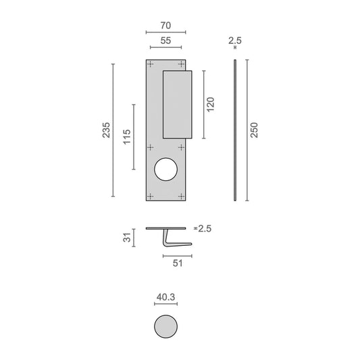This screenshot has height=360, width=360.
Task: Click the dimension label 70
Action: coord(165,26)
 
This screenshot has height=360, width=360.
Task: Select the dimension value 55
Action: coord(165,41)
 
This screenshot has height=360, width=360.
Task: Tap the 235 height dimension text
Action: coord(106,130)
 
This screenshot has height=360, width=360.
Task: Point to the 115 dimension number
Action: coord(127,137)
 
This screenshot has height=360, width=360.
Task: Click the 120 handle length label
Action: coord(211,105)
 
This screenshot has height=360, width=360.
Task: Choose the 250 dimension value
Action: coord(254,130)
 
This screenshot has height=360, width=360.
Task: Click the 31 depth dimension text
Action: coord(127,237)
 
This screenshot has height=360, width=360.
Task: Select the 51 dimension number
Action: coord(178,263)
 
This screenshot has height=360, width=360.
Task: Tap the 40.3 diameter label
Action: coord(165,297)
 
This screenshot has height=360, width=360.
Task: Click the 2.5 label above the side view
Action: coord(235,41)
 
